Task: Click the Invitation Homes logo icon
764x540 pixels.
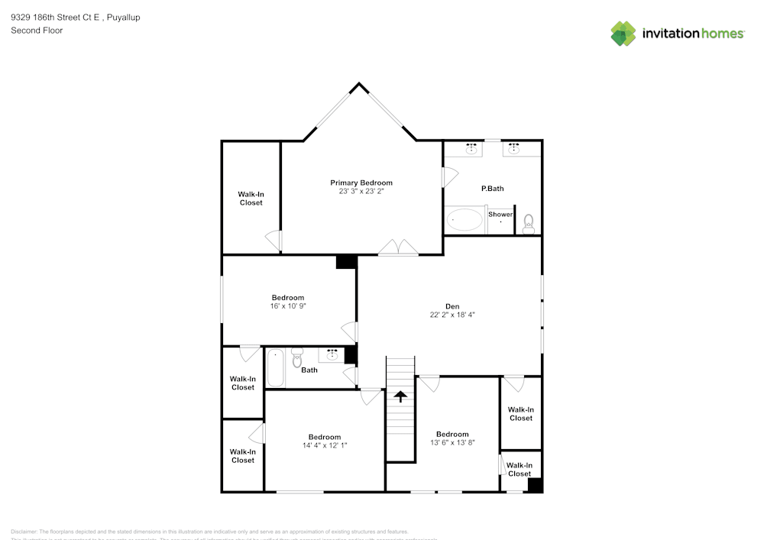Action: pyautogui.click(x=623, y=34)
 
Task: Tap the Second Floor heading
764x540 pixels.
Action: pyautogui.click(x=37, y=31)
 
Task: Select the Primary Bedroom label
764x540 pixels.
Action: pyautogui.click(x=361, y=183)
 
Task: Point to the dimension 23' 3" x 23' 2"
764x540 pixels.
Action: pyautogui.click(x=361, y=192)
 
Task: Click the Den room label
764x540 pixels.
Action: pyautogui.click(x=452, y=306)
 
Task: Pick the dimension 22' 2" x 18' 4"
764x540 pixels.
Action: pyautogui.click(x=452, y=315)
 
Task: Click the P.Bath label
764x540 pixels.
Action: pyautogui.click(x=492, y=189)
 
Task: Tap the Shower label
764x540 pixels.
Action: pyautogui.click(x=500, y=215)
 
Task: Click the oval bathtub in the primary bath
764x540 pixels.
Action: pyautogui.click(x=465, y=220)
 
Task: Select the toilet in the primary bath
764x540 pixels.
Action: pyautogui.click(x=528, y=223)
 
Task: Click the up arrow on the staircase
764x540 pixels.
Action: pyautogui.click(x=400, y=396)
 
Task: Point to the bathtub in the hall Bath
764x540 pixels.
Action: pyautogui.click(x=275, y=368)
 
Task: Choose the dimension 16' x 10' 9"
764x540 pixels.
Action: pyautogui.click(x=288, y=306)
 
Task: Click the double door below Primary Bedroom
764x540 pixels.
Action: pyautogui.click(x=399, y=247)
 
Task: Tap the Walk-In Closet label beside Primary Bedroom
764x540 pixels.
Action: pyautogui.click(x=251, y=199)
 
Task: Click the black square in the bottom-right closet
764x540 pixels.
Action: pyautogui.click(x=535, y=485)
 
